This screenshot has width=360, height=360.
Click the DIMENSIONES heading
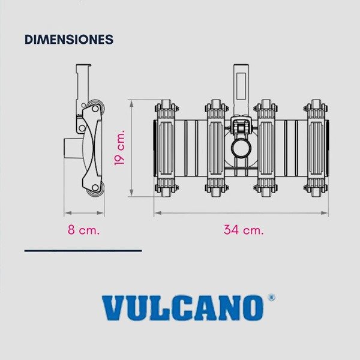point(69,40)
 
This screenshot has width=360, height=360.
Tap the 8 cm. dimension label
point(83,230)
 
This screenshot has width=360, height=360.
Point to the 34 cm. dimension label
point(244,230)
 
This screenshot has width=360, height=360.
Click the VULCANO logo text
point(182,308)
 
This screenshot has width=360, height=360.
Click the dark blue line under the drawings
point(83,250)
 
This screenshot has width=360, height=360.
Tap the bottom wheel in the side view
point(95,190)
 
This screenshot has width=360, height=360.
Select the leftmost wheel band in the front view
point(166,148)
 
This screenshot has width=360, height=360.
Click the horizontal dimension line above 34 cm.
point(241,212)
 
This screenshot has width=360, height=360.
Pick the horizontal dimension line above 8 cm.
point(84,212)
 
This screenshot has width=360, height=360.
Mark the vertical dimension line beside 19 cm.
point(133,148)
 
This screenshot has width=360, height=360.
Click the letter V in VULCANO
point(113,308)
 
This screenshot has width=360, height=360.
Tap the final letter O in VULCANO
point(253,308)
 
